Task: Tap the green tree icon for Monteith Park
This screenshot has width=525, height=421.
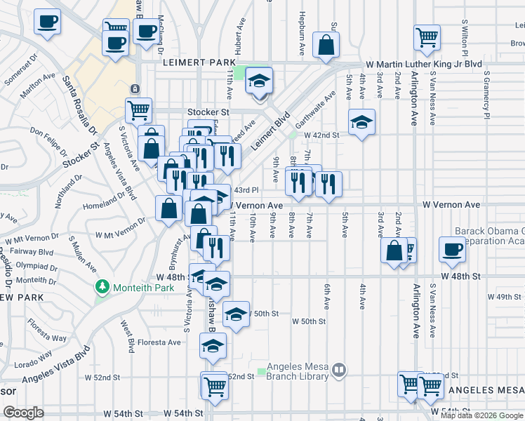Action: pos(103,288)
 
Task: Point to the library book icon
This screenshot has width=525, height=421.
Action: pos(339,368)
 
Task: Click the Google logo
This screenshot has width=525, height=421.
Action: pos(23,413)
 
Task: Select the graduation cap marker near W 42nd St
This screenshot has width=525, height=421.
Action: pos(361,122)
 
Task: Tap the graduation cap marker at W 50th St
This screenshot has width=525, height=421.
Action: pos(237,314)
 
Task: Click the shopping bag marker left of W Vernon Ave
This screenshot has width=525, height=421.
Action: pos(168,208)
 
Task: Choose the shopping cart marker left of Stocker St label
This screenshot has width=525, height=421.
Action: pos(139,111)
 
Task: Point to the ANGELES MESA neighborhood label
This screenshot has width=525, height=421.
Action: pos(486,390)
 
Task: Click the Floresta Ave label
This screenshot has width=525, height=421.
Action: pos(159,342)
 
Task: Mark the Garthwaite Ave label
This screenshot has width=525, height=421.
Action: pos(316,107)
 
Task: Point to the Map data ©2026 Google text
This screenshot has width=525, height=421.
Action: pos(482,415)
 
